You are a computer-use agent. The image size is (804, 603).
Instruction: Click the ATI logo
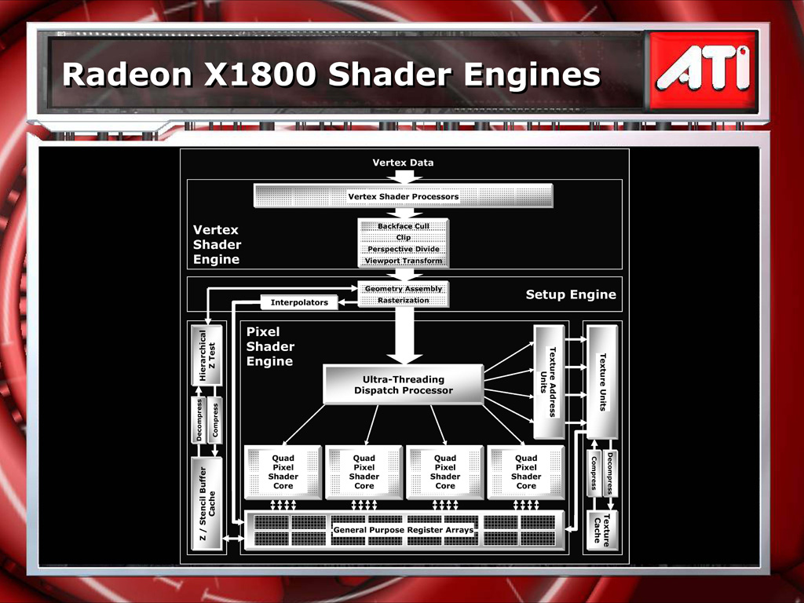(703, 70)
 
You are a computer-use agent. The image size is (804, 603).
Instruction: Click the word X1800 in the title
(259, 75)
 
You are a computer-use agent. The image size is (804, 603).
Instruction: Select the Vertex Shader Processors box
(404, 196)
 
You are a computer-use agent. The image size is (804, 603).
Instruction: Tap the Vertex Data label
(403, 163)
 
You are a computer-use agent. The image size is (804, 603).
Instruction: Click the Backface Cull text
(404, 226)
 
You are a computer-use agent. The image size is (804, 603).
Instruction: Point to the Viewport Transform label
(404, 261)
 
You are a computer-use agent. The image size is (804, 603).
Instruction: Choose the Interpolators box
(299, 302)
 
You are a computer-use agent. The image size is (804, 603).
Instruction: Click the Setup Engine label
(571, 294)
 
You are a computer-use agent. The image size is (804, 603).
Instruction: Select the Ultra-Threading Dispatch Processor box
(404, 385)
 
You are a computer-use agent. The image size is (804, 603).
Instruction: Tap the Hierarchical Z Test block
(207, 355)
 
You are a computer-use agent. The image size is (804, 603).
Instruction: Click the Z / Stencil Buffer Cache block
(207, 503)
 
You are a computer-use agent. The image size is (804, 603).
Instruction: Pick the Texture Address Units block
(549, 382)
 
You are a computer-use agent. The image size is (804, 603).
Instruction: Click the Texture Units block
(602, 382)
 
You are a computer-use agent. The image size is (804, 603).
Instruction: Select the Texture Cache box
(602, 530)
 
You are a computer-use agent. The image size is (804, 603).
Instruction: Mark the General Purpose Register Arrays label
(404, 530)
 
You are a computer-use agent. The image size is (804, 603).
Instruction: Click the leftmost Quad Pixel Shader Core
(283, 472)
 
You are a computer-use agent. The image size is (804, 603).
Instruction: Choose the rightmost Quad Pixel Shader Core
(526, 472)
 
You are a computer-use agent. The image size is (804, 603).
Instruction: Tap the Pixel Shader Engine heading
(270, 346)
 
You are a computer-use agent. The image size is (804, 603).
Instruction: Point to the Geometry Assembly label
(404, 289)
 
